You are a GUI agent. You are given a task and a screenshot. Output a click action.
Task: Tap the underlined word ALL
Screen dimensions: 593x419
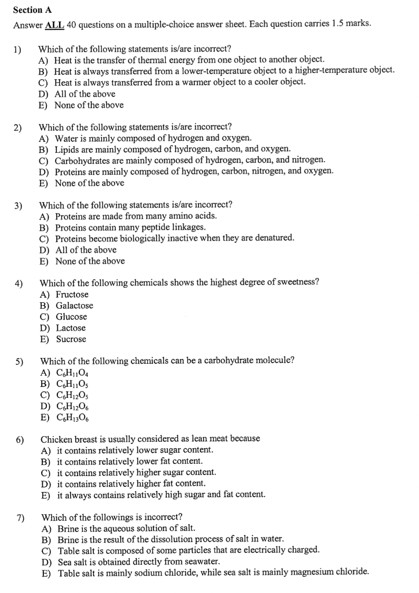55,24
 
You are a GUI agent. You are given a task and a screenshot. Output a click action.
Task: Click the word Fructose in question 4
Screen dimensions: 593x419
72,294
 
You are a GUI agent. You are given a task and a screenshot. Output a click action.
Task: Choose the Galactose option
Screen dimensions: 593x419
74,305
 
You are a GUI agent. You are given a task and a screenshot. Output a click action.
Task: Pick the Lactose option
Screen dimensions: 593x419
71,328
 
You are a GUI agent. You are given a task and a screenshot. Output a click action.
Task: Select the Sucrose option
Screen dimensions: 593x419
71,339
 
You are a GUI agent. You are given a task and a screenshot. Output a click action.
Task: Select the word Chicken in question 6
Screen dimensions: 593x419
56,438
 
